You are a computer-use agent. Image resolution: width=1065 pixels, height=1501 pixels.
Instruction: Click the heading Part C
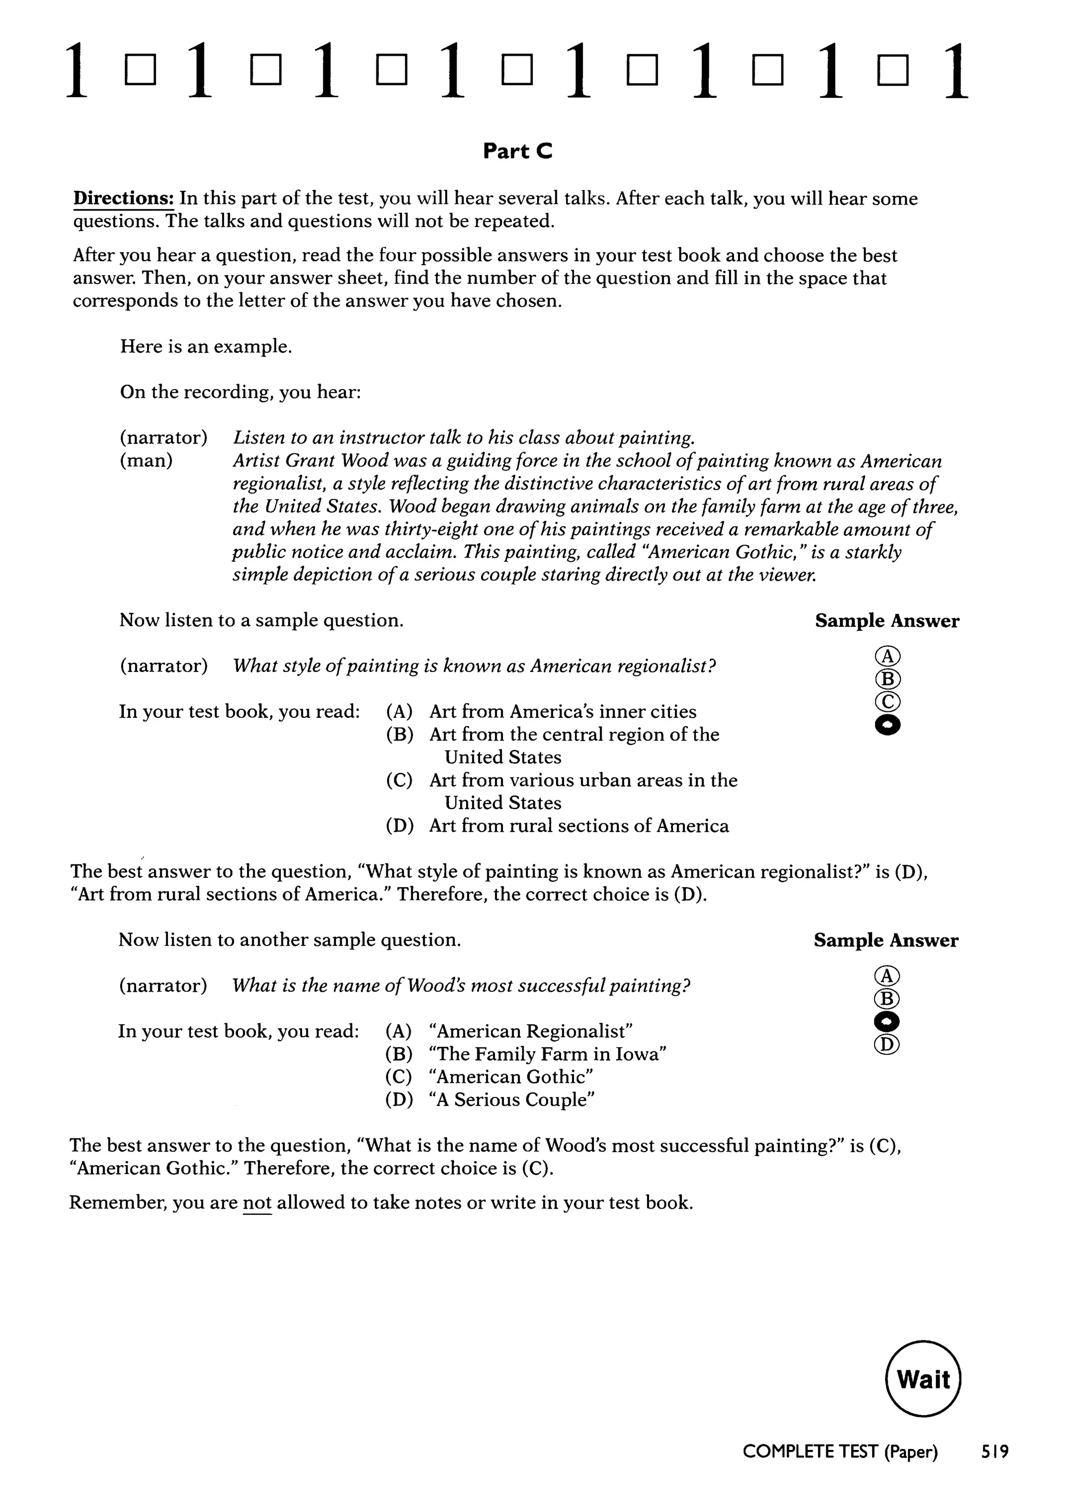click(517, 151)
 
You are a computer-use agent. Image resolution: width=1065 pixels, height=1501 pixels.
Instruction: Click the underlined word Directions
click(123, 199)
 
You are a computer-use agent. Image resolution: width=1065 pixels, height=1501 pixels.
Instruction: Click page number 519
click(994, 1452)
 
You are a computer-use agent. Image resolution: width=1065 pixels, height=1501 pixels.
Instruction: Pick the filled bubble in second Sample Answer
click(887, 1021)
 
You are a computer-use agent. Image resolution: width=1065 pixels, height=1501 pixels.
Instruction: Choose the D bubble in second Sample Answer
click(887, 1044)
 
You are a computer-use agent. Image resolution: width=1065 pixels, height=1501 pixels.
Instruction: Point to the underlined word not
click(256, 1202)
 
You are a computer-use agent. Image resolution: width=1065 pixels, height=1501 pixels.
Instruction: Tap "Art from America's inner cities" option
click(563, 711)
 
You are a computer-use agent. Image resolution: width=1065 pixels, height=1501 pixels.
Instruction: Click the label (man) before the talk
click(146, 460)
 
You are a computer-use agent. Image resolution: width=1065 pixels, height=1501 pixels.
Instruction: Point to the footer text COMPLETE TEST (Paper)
click(839, 1452)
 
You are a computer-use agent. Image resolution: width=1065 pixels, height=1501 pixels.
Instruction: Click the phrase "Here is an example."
click(206, 346)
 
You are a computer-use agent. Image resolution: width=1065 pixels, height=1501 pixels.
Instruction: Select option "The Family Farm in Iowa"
click(547, 1054)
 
